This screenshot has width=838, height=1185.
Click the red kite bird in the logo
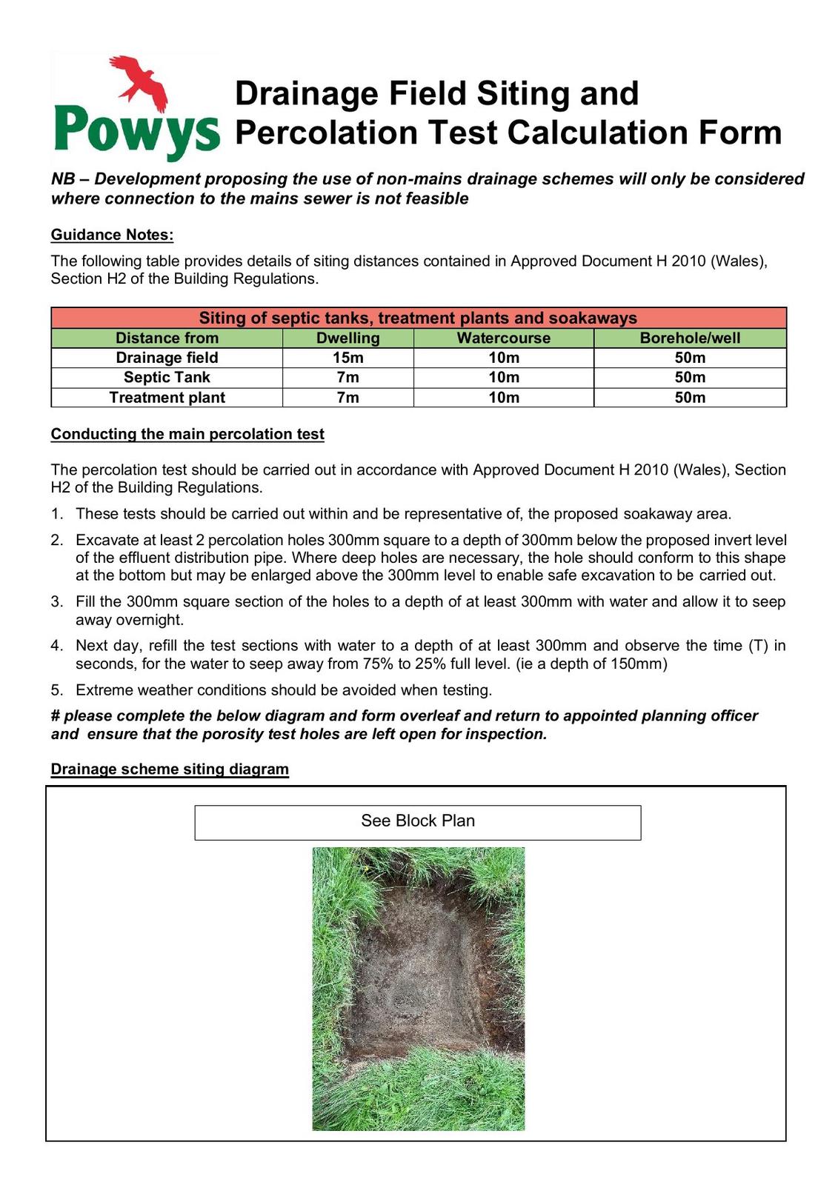(x=139, y=77)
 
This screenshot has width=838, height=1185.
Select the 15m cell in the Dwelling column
(x=347, y=358)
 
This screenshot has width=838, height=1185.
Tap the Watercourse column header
(x=503, y=338)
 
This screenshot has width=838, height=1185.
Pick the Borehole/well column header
(x=690, y=338)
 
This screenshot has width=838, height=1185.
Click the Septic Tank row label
(x=167, y=377)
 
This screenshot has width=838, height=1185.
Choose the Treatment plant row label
(x=167, y=398)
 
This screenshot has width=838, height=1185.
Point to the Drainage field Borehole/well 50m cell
(x=690, y=358)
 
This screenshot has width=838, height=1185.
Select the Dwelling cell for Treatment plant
(x=347, y=398)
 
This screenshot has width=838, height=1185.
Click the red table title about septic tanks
(x=418, y=318)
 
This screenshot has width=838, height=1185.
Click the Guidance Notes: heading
(x=112, y=235)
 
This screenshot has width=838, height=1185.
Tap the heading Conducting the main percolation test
(x=187, y=434)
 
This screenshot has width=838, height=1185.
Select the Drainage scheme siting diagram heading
(x=170, y=769)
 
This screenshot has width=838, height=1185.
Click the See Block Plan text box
(x=418, y=821)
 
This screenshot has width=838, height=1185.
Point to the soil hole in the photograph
(x=415, y=978)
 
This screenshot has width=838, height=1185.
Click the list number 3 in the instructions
(x=57, y=601)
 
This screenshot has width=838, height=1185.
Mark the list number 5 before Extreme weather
(x=57, y=690)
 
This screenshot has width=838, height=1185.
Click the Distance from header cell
(x=167, y=338)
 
